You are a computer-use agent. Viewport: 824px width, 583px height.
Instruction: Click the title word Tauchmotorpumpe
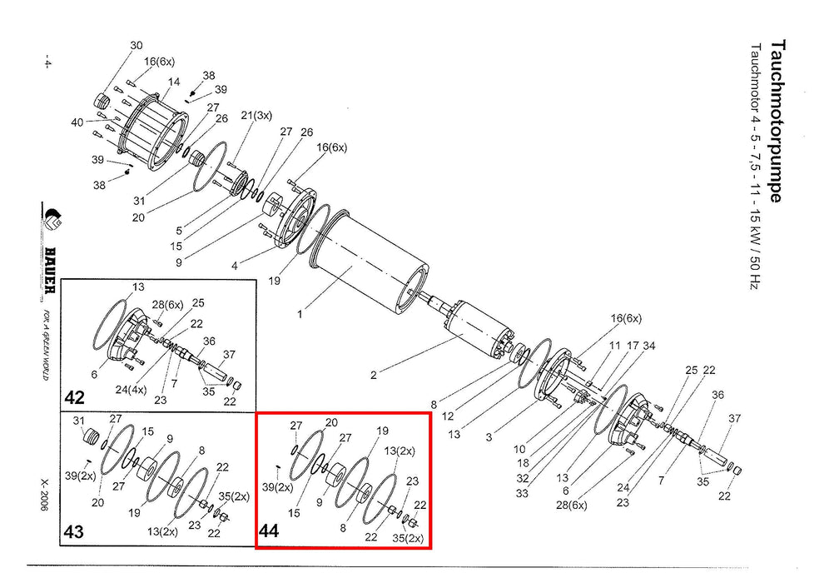778,120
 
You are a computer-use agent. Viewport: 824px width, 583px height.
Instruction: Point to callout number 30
137,45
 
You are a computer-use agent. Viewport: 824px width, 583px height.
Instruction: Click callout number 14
174,82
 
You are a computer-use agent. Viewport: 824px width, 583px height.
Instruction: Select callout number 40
77,122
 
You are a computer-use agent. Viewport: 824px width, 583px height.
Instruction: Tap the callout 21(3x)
256,115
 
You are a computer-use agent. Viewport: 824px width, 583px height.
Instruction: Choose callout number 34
649,346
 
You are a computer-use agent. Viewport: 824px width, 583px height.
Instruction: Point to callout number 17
633,346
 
